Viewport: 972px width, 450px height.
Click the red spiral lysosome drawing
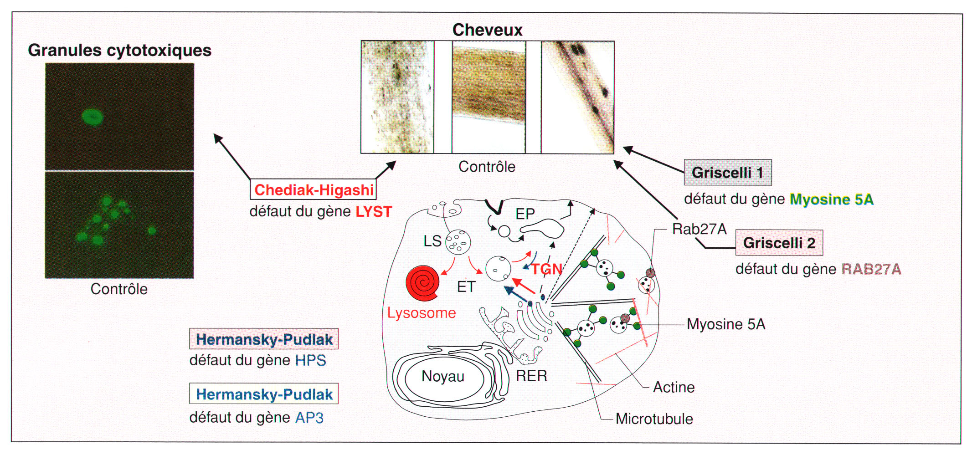(423, 283)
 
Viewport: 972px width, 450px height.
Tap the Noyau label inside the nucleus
(443, 377)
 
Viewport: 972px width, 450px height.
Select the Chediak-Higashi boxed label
(314, 189)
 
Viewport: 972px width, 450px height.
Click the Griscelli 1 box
(728, 173)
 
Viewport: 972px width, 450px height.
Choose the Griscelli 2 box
(779, 243)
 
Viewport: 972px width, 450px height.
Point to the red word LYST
(374, 212)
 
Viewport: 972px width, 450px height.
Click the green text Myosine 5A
(832, 199)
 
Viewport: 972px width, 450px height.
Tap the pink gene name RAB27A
(871, 269)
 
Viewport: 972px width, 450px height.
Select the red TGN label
(547, 270)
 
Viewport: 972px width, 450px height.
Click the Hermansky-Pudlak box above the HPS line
(264, 339)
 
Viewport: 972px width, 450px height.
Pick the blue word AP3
(309, 418)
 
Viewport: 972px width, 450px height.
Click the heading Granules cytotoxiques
(120, 50)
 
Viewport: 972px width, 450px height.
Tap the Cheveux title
(487, 30)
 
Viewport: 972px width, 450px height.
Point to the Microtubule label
(654, 419)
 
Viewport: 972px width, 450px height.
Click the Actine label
(674, 387)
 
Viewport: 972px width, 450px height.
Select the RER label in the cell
(531, 376)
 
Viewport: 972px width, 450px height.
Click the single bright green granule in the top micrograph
(93, 117)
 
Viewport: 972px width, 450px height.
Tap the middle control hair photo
(489, 97)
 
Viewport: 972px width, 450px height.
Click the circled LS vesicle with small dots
(458, 242)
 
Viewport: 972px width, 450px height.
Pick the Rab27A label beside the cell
(699, 229)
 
